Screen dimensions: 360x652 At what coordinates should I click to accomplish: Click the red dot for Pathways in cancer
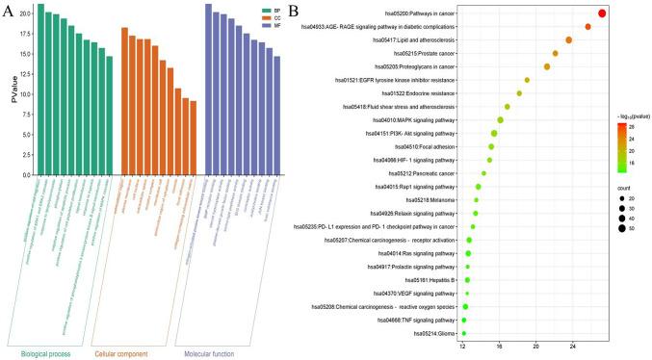coord(602,13)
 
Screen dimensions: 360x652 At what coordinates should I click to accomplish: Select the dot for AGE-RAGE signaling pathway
coord(588,27)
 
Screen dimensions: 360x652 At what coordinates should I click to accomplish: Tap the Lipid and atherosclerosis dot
coord(569,39)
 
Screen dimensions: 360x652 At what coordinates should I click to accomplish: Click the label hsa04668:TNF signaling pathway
coord(412,320)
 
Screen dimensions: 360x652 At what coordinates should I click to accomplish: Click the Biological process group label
coord(47,341)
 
